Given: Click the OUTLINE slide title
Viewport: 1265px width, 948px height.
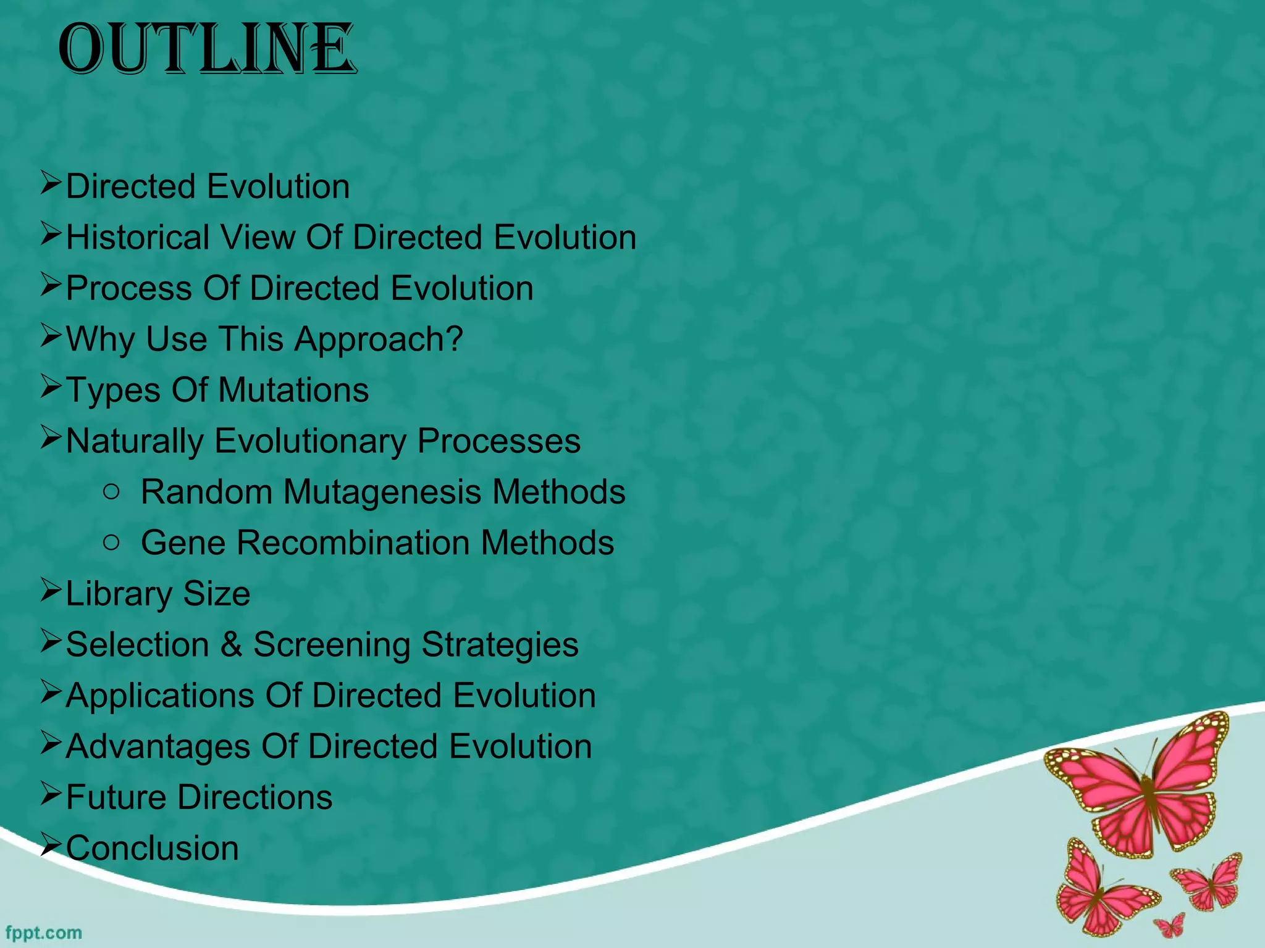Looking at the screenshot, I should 207,49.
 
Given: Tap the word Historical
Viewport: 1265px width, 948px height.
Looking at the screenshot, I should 138,238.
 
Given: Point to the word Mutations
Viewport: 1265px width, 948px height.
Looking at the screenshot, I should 293,391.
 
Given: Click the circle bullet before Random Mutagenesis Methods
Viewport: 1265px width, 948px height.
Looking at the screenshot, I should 112,492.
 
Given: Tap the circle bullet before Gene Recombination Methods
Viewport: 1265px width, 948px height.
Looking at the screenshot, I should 112,543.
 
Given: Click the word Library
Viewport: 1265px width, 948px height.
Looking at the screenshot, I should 119,594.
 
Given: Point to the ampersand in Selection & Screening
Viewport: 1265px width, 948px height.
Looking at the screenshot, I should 231,645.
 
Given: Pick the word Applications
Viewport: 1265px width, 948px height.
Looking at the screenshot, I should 159,696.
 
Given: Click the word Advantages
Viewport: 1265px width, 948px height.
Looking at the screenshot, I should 158,747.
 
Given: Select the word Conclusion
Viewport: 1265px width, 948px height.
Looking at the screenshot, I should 152,849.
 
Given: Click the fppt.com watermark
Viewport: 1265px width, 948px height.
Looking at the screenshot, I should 43,933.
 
